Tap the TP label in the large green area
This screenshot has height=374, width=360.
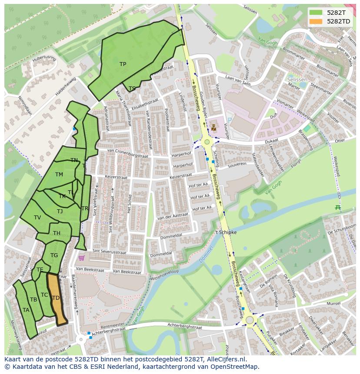[x=123, y=64]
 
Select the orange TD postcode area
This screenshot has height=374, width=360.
[x=57, y=300]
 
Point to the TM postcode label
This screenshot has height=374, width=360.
[x=59, y=175]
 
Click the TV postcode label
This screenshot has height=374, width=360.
[x=37, y=218]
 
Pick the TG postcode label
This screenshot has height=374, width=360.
[x=54, y=255]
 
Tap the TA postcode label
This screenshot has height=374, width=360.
[x=26, y=310]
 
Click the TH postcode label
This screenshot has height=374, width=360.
[x=57, y=233]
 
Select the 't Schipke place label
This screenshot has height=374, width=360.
[x=226, y=232]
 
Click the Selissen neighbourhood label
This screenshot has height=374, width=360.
[x=297, y=80]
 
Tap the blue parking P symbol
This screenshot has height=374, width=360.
[x=229, y=119]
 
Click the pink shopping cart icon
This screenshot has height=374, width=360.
[x=81, y=258]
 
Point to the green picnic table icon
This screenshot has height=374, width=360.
[x=337, y=208]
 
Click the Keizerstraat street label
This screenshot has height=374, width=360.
[x=180, y=177]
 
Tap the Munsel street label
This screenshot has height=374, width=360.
[x=333, y=304]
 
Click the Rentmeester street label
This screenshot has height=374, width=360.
[x=112, y=326]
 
